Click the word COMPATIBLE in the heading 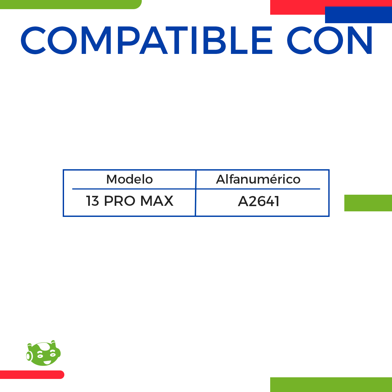[x=146, y=40]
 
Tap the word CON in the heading [x=329, y=40]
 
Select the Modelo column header [x=129, y=179]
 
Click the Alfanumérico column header [x=258, y=179]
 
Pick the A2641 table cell [x=258, y=202]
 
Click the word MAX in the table [x=157, y=201]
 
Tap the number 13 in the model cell [x=92, y=201]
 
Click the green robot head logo [x=43, y=353]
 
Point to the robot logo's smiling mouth [x=47, y=362]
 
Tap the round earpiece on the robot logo [x=28, y=356]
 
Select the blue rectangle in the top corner [x=358, y=15]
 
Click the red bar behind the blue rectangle [x=297, y=7]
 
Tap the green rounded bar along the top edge [x=71, y=5]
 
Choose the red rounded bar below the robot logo [x=32, y=375]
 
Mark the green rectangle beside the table [x=368, y=203]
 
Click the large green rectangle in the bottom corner [x=331, y=385]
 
